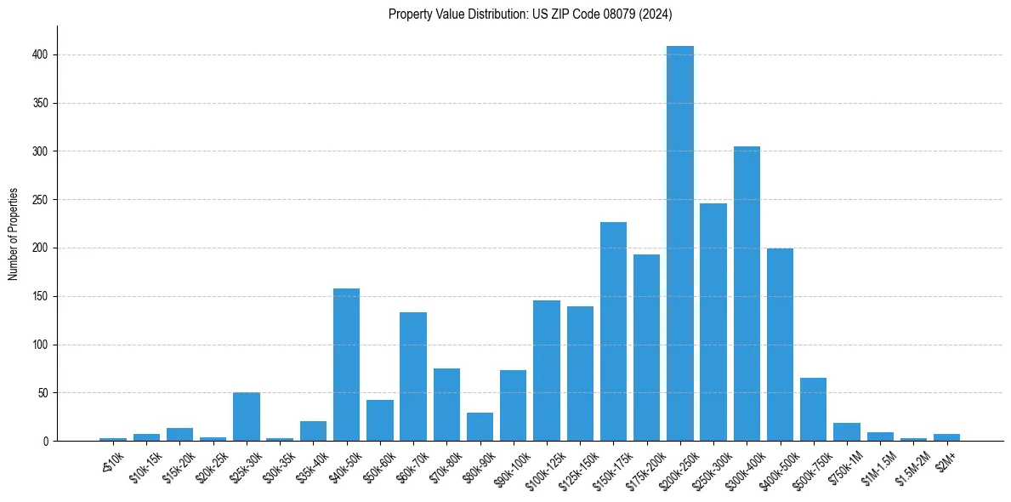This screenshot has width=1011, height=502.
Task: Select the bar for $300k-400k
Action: (747, 294)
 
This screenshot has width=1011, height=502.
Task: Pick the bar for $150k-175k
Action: (613, 332)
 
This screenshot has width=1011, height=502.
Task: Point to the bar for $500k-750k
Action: (814, 409)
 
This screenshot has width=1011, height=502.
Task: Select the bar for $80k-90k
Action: (480, 427)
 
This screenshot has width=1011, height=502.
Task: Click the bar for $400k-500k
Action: (780, 345)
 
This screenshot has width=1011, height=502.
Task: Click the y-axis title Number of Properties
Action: (14, 234)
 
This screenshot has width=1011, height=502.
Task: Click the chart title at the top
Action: (531, 14)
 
